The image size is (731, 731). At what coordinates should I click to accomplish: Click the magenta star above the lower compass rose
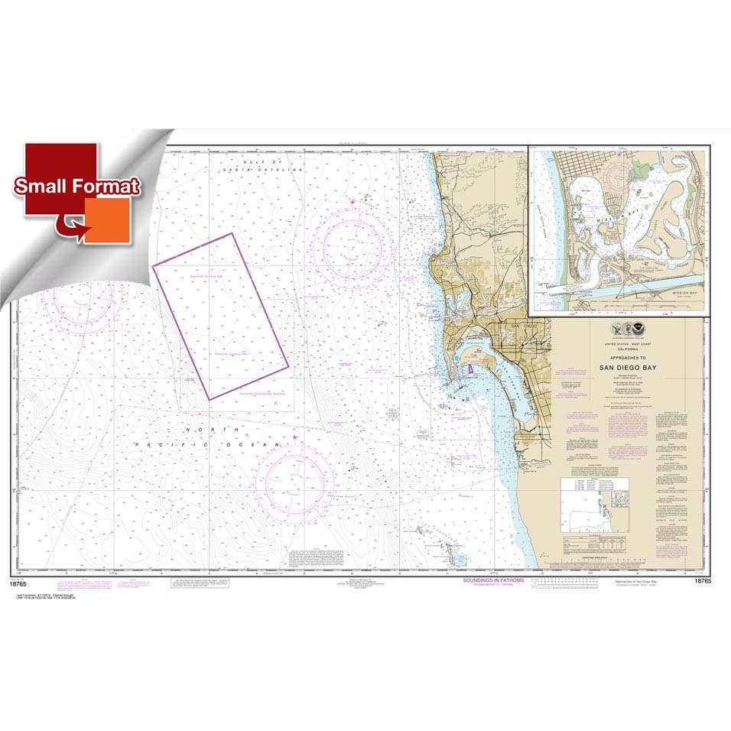(294, 437)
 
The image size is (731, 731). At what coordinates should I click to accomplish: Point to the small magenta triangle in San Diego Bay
(470, 370)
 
